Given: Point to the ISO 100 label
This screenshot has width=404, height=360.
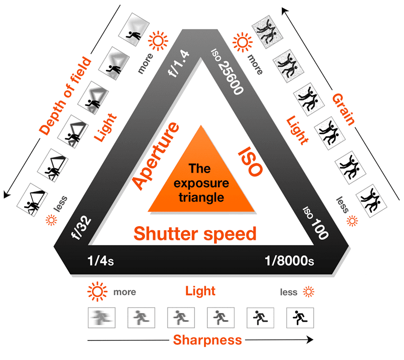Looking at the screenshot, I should [x=316, y=222].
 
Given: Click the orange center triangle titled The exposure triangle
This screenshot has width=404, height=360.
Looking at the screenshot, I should [x=201, y=177].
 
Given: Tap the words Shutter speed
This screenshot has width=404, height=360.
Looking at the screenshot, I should [x=195, y=234].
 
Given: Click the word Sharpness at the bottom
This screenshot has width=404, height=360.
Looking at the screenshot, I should [x=208, y=340].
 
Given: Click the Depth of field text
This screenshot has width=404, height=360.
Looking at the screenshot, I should [x=66, y=96].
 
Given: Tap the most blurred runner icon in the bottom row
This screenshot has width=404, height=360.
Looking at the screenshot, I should [x=103, y=318].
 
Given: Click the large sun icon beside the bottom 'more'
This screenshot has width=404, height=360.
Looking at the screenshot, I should [x=97, y=291].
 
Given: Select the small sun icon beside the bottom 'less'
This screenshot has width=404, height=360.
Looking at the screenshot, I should [x=309, y=291].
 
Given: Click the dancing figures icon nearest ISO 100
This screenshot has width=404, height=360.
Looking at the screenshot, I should [x=369, y=199].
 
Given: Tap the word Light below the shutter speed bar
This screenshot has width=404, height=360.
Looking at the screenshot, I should [x=200, y=291].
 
